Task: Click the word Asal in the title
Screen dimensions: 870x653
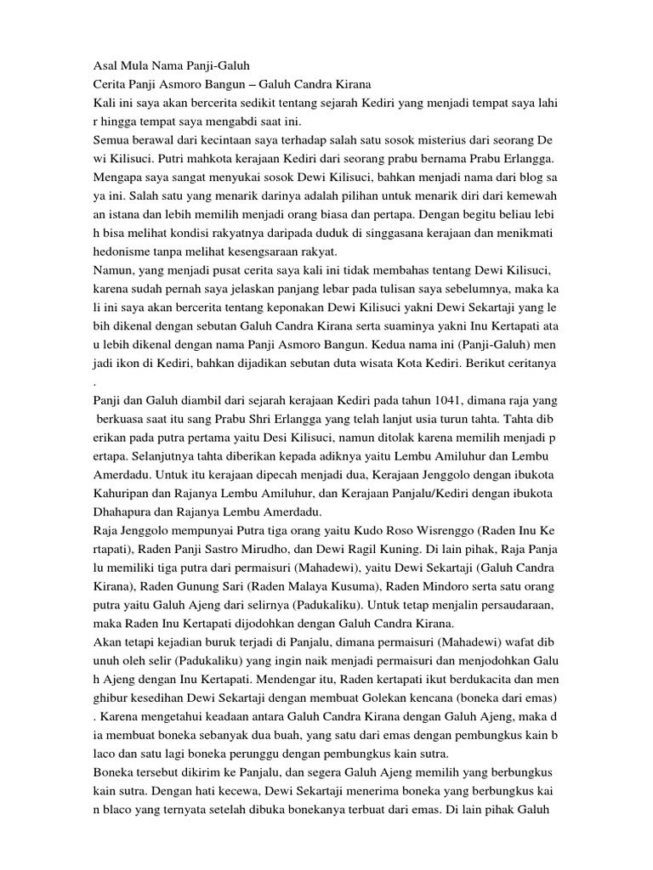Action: (106, 64)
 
